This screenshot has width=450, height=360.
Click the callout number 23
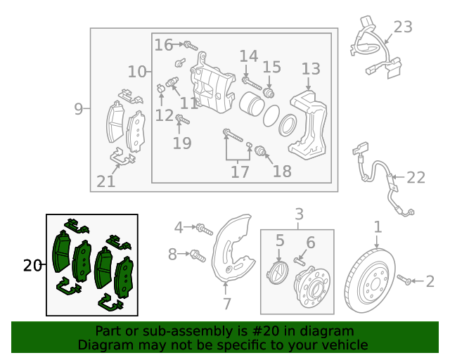click(403, 27)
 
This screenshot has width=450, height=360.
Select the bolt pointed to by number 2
click(404, 280)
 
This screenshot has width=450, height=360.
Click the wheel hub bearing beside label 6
click(312, 285)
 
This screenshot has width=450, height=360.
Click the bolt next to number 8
click(198, 256)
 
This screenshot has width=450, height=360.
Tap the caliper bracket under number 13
click(309, 124)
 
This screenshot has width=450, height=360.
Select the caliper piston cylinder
click(251, 104)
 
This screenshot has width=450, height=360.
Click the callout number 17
click(240, 172)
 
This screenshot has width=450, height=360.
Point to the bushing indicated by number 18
click(260, 150)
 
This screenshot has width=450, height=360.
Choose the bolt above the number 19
click(182, 119)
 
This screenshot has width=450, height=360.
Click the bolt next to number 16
click(191, 46)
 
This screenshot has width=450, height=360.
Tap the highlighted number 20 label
click(32, 266)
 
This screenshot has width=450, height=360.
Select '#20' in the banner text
click(266, 331)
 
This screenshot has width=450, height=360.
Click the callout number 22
click(416, 177)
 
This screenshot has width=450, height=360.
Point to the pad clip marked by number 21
click(122, 157)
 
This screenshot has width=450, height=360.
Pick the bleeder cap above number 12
click(160, 88)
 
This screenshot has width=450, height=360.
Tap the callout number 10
click(137, 72)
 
